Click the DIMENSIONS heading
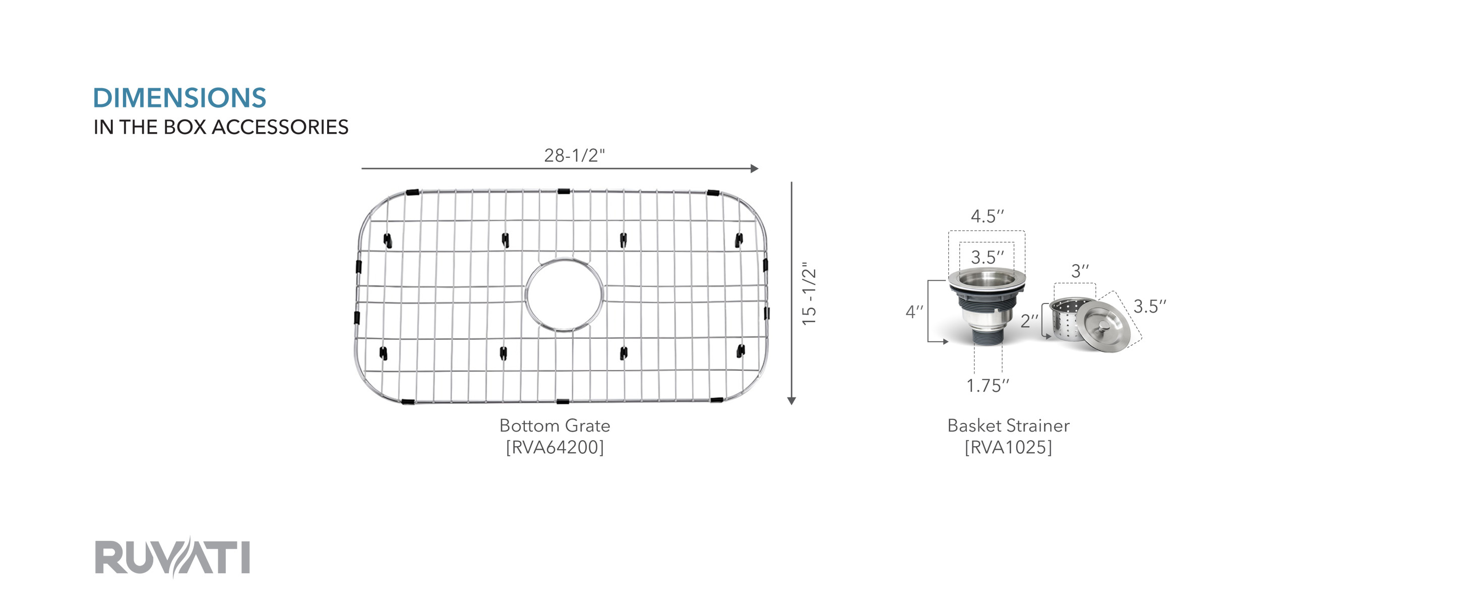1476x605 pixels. [179, 98]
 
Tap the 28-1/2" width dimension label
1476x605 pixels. [574, 155]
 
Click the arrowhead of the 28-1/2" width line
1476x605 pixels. [755, 168]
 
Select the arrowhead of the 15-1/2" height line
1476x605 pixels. [791, 401]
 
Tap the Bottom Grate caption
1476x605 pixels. [555, 426]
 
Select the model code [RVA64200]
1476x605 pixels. [555, 448]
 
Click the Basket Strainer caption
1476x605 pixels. [1008, 426]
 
